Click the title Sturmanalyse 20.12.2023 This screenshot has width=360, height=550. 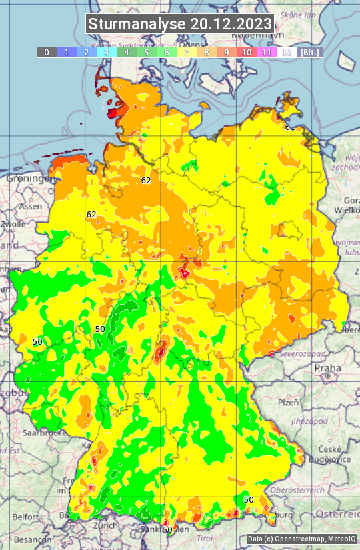(180, 24)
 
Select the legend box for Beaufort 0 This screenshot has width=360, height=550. (46, 52)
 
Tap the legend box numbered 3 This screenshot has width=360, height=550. (106, 52)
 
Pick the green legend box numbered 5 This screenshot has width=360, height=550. (146, 52)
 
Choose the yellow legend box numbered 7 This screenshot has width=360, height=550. (187, 52)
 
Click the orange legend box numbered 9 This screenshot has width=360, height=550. (227, 52)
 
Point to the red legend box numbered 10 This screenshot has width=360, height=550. (247, 52)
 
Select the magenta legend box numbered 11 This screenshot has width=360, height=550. (267, 52)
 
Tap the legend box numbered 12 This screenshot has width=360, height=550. (287, 52)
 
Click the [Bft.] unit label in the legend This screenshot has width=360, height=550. (309, 52)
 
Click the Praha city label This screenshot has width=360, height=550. (327, 367)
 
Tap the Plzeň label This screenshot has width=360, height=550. (287, 403)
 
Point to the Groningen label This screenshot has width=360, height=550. (28, 179)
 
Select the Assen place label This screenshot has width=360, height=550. (30, 207)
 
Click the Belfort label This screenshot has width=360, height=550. (26, 517)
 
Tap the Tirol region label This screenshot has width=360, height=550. (204, 538)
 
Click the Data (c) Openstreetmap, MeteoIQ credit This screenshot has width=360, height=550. (301, 539)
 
